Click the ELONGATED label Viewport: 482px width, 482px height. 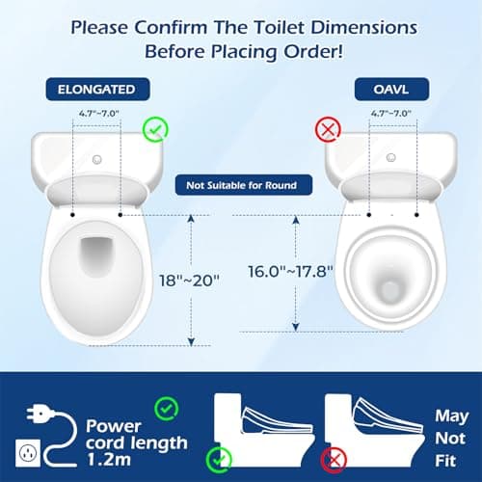[97, 90]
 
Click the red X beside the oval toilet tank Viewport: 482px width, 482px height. [327, 130]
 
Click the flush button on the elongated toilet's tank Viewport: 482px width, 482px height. [96, 156]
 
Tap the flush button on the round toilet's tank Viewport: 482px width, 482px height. [390, 156]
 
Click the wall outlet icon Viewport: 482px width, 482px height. [30, 448]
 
